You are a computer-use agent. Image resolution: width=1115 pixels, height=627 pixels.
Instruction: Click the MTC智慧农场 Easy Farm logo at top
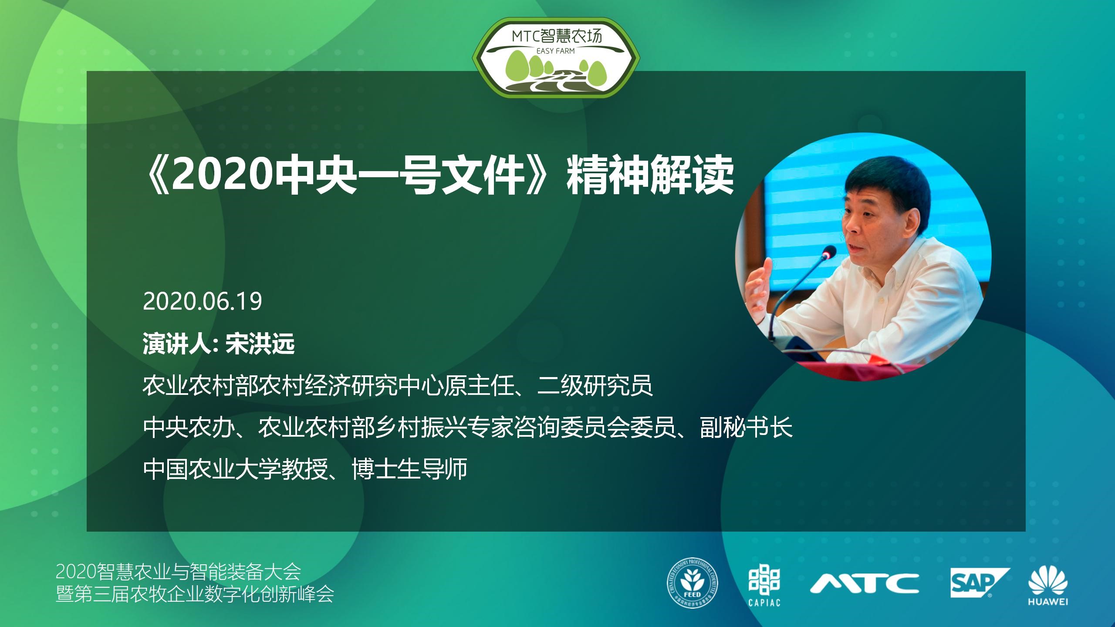[556, 58]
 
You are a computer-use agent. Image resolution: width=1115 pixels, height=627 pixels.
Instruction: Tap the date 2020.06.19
[203, 301]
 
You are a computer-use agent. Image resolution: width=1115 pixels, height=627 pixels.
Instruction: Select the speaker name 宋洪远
[260, 344]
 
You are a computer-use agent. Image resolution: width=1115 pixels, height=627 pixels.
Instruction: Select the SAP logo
[979, 582]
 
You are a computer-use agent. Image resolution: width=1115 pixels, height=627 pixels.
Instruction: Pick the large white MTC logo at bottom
[864, 583]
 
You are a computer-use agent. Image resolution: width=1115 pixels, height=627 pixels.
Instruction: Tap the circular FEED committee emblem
[693, 585]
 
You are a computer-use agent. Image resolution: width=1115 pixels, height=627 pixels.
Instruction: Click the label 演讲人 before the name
[177, 344]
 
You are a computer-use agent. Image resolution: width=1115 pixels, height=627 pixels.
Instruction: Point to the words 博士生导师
[409, 469]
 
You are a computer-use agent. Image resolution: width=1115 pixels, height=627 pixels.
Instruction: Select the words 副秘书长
[746, 427]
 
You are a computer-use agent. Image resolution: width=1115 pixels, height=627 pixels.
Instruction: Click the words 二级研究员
[595, 385]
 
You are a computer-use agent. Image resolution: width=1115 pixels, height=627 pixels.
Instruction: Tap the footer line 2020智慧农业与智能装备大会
[179, 572]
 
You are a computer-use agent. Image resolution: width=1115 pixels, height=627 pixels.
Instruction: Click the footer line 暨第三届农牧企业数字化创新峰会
[195, 594]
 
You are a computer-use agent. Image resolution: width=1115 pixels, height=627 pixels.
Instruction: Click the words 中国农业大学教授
[236, 469]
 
